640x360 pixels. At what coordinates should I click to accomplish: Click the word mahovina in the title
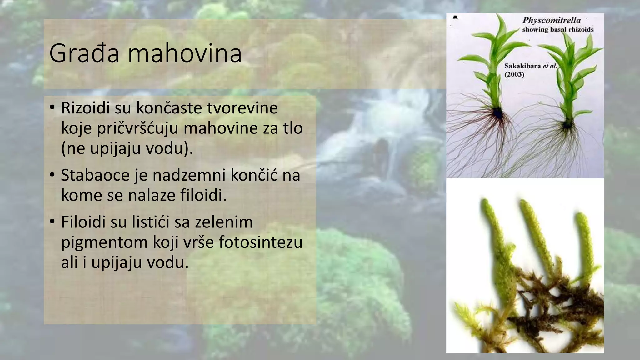(185, 53)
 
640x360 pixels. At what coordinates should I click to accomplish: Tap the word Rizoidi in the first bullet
(85, 108)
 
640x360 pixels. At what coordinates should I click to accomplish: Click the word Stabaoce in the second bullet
(95, 175)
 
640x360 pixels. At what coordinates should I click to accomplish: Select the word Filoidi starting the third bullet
(83, 222)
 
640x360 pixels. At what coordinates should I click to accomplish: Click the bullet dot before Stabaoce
(52, 174)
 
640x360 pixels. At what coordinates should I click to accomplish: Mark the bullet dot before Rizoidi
(52, 107)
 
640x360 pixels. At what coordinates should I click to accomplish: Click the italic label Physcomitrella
(552, 21)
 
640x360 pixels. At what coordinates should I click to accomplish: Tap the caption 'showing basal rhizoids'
(558, 30)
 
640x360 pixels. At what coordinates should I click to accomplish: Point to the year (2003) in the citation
(514, 74)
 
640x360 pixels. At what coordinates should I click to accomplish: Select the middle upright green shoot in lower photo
(535, 231)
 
